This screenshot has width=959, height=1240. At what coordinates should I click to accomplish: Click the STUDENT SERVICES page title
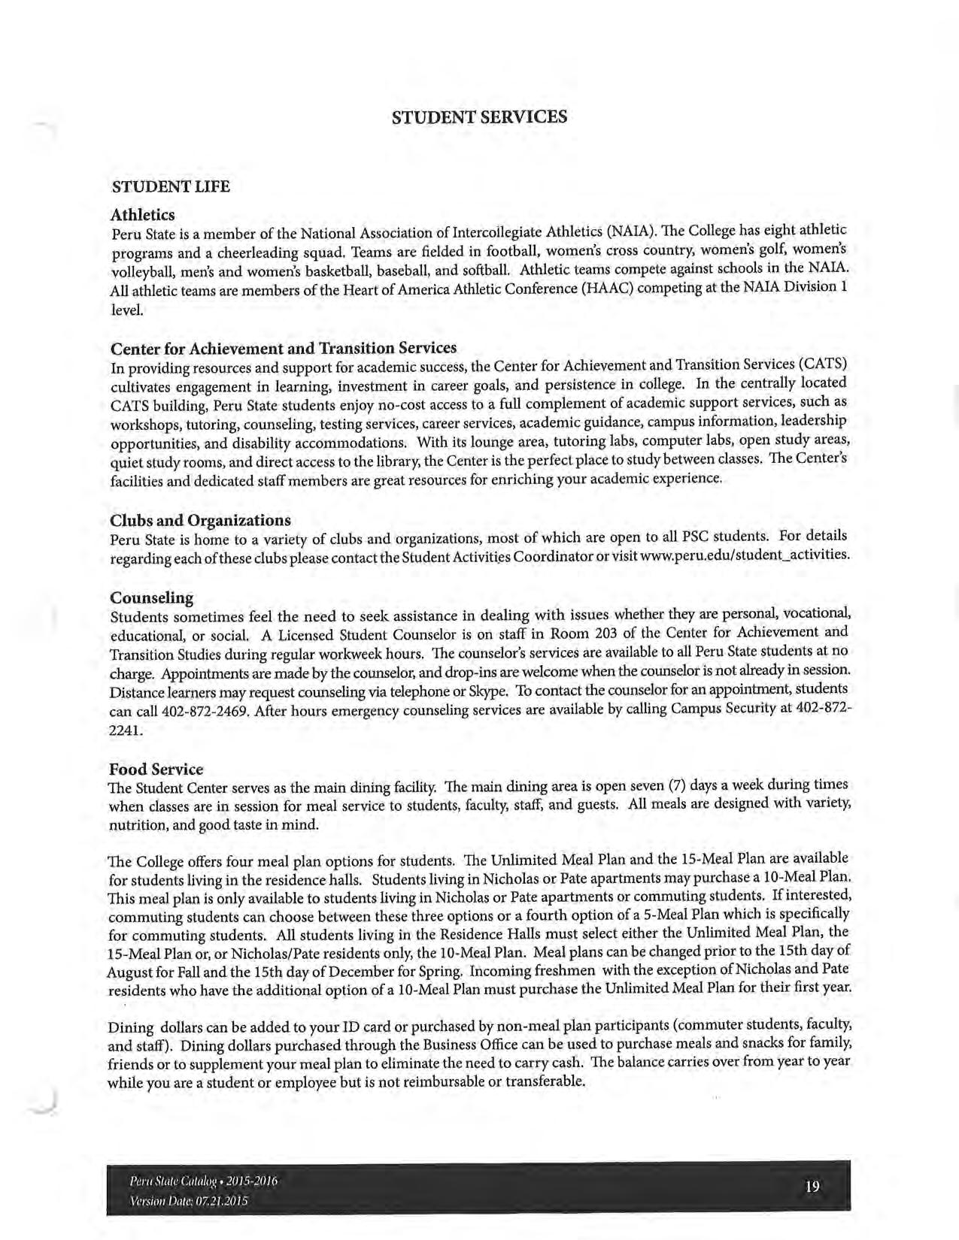479,117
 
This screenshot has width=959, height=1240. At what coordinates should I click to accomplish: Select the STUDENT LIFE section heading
170,186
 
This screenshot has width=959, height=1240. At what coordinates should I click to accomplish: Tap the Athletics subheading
142,215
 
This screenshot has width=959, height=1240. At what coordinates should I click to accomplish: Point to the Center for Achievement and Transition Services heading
284,349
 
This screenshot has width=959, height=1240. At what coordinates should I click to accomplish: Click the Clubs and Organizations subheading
200,520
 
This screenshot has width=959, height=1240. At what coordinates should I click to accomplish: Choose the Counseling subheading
151,597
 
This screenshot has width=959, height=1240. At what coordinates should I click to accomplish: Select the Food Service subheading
156,769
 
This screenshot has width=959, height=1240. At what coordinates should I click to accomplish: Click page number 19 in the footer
812,1187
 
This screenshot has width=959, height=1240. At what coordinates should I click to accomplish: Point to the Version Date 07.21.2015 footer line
189,1200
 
